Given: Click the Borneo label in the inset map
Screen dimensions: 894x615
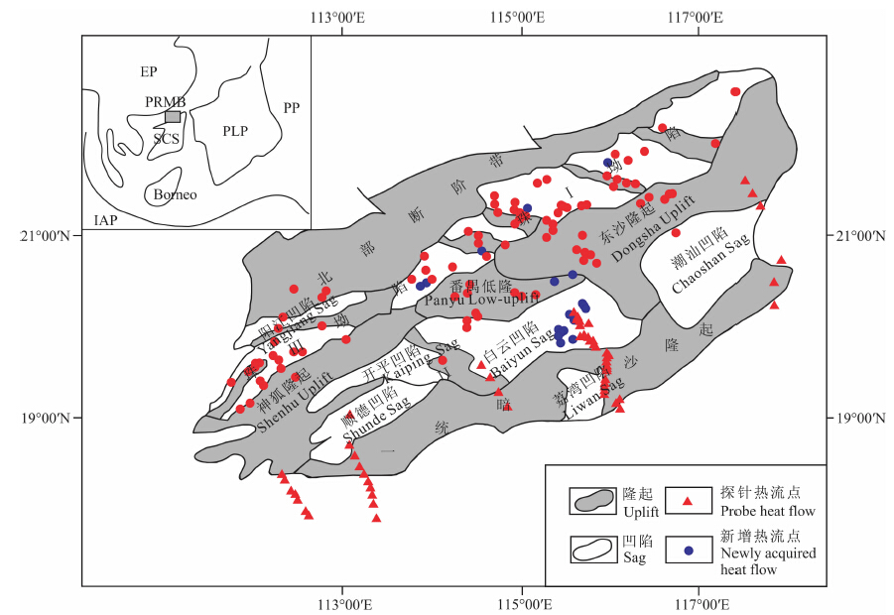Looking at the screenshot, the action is click(x=175, y=194).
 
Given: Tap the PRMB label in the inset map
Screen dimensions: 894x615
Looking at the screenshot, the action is click(x=165, y=103).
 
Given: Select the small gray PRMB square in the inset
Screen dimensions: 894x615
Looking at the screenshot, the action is click(x=173, y=116).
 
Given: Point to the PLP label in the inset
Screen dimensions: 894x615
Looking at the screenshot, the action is click(x=235, y=131).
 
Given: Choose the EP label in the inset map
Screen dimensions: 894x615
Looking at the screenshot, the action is click(x=149, y=72).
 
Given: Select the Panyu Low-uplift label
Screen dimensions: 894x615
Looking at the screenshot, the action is click(x=482, y=299).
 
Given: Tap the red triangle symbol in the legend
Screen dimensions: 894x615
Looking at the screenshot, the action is click(x=685, y=500).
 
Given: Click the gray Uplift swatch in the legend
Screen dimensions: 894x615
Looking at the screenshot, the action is click(x=592, y=501).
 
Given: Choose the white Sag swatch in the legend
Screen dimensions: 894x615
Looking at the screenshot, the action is click(x=592, y=549).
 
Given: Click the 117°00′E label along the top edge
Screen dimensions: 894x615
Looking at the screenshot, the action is click(x=697, y=17).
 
